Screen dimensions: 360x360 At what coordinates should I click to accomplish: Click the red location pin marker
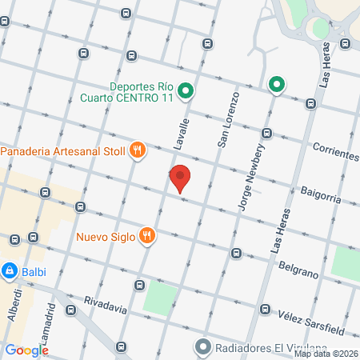180,178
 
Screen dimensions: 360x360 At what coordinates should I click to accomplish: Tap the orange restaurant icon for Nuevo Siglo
146,235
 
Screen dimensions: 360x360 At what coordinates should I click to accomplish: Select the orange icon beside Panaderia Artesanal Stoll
138,149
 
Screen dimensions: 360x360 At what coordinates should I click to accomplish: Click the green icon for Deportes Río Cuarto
185,91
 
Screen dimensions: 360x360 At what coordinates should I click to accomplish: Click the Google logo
26,350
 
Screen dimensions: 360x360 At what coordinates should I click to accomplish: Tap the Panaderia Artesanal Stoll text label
63,150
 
